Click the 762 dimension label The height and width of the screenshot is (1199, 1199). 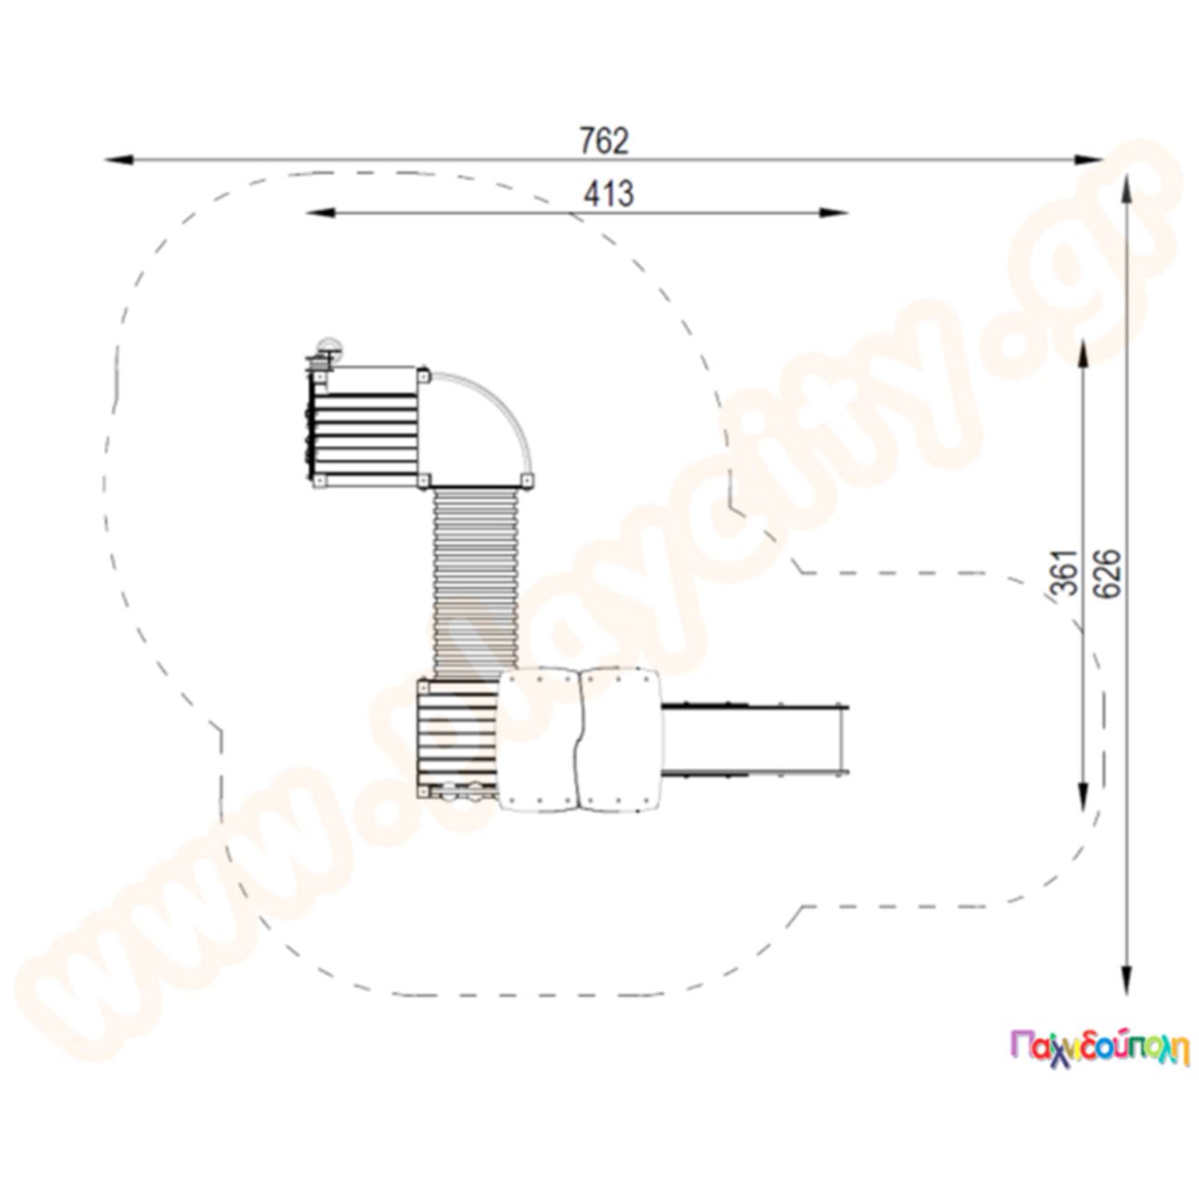tap(603, 141)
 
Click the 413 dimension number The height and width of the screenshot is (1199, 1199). tap(608, 194)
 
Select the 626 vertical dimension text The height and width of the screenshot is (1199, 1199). tap(1108, 574)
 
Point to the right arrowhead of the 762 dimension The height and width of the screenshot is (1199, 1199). tap(1088, 160)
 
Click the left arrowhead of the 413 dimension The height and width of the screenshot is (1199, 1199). tap(320, 213)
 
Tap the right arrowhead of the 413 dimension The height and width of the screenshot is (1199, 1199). tap(833, 213)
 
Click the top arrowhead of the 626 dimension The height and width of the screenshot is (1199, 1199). tap(1126, 189)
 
